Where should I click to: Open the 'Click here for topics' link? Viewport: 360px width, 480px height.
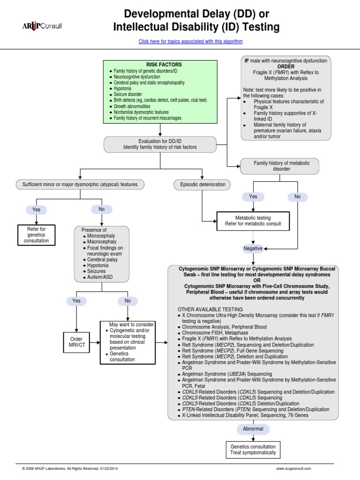point(190,41)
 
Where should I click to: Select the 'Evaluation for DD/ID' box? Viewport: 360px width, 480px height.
point(160,144)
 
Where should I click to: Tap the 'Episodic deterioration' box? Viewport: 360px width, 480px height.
point(202,184)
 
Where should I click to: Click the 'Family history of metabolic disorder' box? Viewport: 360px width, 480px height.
point(278,166)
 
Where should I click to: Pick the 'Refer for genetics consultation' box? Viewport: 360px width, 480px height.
point(36,234)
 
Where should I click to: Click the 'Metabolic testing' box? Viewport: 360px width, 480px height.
point(253,221)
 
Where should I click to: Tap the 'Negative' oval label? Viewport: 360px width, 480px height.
point(253,248)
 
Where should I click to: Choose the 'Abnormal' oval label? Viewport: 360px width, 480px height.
point(253,428)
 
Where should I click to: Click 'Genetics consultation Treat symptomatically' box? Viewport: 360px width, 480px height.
point(253,450)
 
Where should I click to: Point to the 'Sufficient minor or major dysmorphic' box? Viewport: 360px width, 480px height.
point(80,184)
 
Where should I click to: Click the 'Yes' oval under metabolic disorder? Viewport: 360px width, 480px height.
point(253,197)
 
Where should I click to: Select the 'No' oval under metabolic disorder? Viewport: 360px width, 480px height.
point(297,197)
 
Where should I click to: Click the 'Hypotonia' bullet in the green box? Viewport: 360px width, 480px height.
point(123,88)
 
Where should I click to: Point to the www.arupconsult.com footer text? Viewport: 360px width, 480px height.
point(293,468)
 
